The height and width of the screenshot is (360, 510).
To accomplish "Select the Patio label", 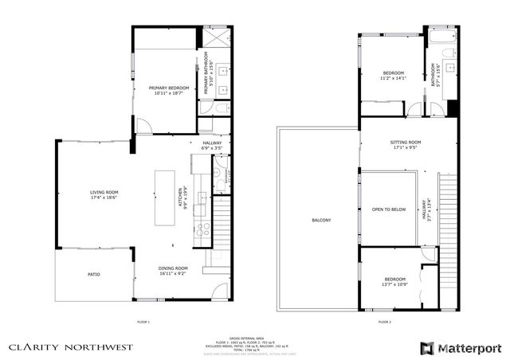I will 94,275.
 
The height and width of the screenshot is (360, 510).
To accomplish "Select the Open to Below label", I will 389,209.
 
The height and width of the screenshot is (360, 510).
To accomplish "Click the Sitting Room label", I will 405,144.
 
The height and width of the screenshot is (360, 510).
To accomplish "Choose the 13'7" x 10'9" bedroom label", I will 394,282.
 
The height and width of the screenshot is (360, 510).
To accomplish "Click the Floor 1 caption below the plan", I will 143,322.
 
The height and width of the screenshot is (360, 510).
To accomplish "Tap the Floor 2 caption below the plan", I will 384,322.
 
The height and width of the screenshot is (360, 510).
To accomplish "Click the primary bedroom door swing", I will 144,126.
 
